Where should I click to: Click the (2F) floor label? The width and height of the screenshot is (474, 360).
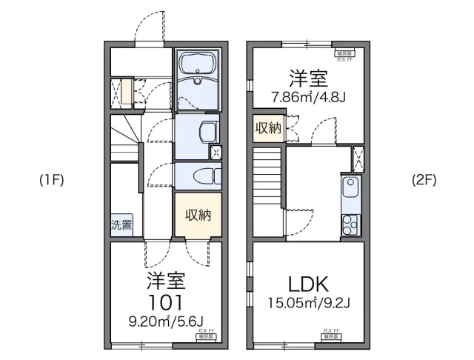pyautogui.click(x=424, y=180)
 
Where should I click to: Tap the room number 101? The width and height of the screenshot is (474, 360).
pyautogui.click(x=164, y=302)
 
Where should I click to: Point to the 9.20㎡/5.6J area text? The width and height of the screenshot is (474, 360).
pyautogui.click(x=164, y=321)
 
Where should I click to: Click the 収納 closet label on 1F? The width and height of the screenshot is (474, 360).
pyautogui.click(x=198, y=216)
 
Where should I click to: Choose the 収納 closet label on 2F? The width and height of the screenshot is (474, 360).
pyautogui.click(x=268, y=128)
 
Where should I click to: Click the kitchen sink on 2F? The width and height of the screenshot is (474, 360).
pyautogui.click(x=350, y=189)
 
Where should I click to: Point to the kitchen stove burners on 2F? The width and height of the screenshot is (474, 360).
pyautogui.click(x=350, y=221)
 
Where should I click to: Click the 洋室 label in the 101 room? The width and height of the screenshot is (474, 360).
pyautogui.click(x=164, y=281)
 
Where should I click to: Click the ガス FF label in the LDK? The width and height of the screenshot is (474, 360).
pyautogui.click(x=330, y=330)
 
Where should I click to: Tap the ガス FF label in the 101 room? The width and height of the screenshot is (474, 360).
pyautogui.click(x=204, y=330)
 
